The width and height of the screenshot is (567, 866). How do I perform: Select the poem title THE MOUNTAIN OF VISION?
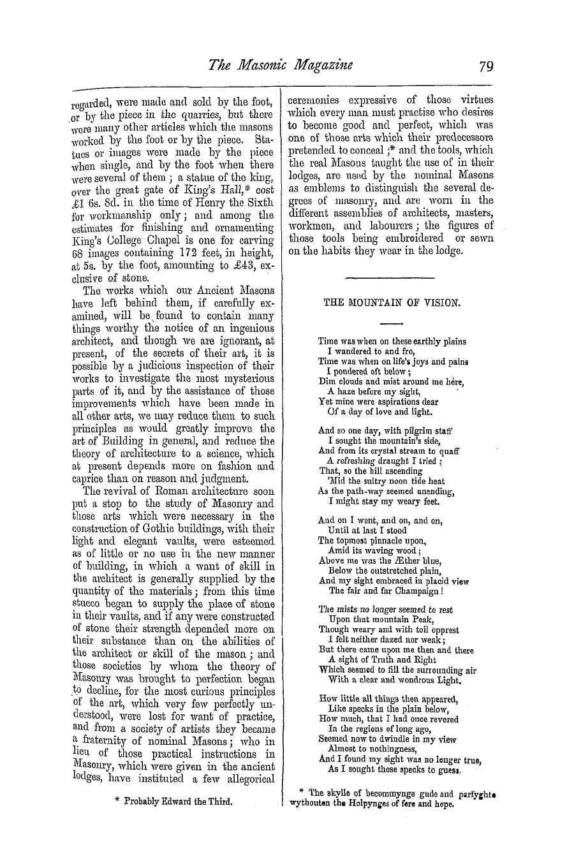[x=390, y=304]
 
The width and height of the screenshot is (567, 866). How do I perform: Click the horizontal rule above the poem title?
[x=389, y=278]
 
